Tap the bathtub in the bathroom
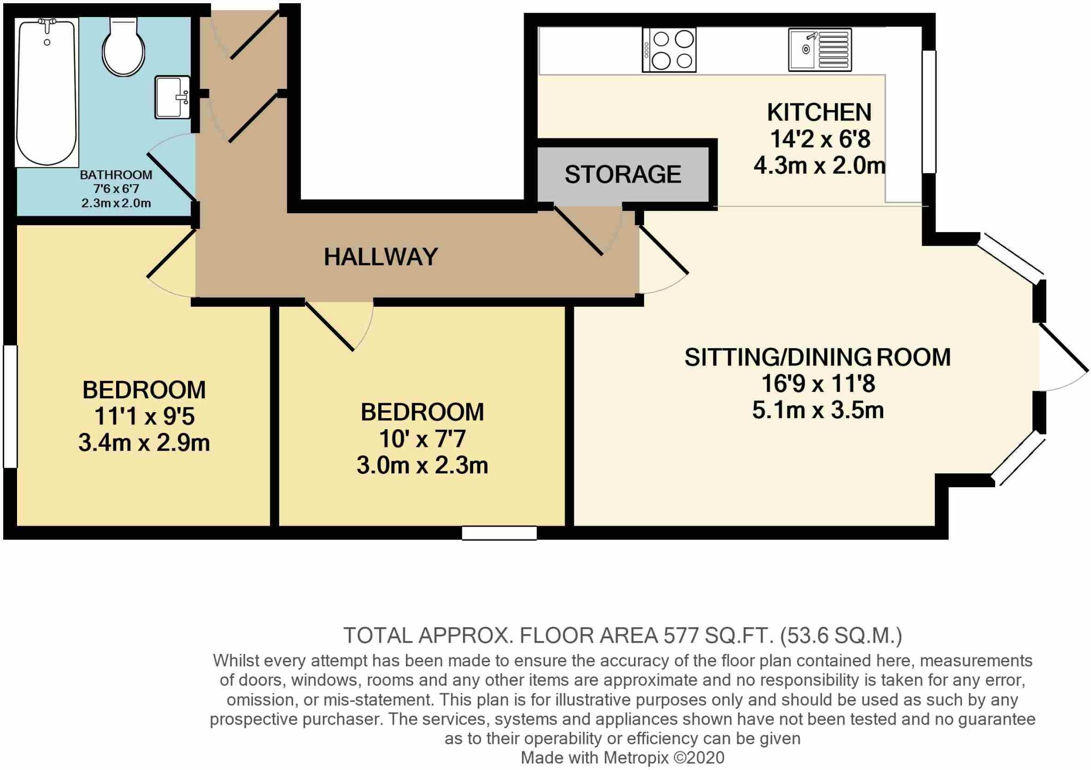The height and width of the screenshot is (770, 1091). pos(47,92)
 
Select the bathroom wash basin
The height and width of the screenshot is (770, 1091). pos(172,97)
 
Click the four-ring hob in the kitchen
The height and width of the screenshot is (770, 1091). pos(669,50)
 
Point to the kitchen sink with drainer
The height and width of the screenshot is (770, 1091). pos(820,50)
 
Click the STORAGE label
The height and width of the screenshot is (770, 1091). pos(623,175)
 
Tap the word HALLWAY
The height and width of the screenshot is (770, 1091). pos(381,257)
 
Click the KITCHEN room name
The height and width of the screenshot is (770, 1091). pos(819,112)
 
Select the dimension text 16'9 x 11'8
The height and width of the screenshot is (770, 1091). pos(818,383)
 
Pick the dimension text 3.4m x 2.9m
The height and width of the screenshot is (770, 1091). pos(144,443)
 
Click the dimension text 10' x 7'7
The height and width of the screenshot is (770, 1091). pos(422,439)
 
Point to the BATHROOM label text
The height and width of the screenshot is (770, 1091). pos(116,175)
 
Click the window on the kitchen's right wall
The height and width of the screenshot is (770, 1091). pos(929,112)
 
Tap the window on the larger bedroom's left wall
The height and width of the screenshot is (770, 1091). pos(10,406)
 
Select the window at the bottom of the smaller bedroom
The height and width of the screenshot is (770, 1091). pos(499,533)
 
